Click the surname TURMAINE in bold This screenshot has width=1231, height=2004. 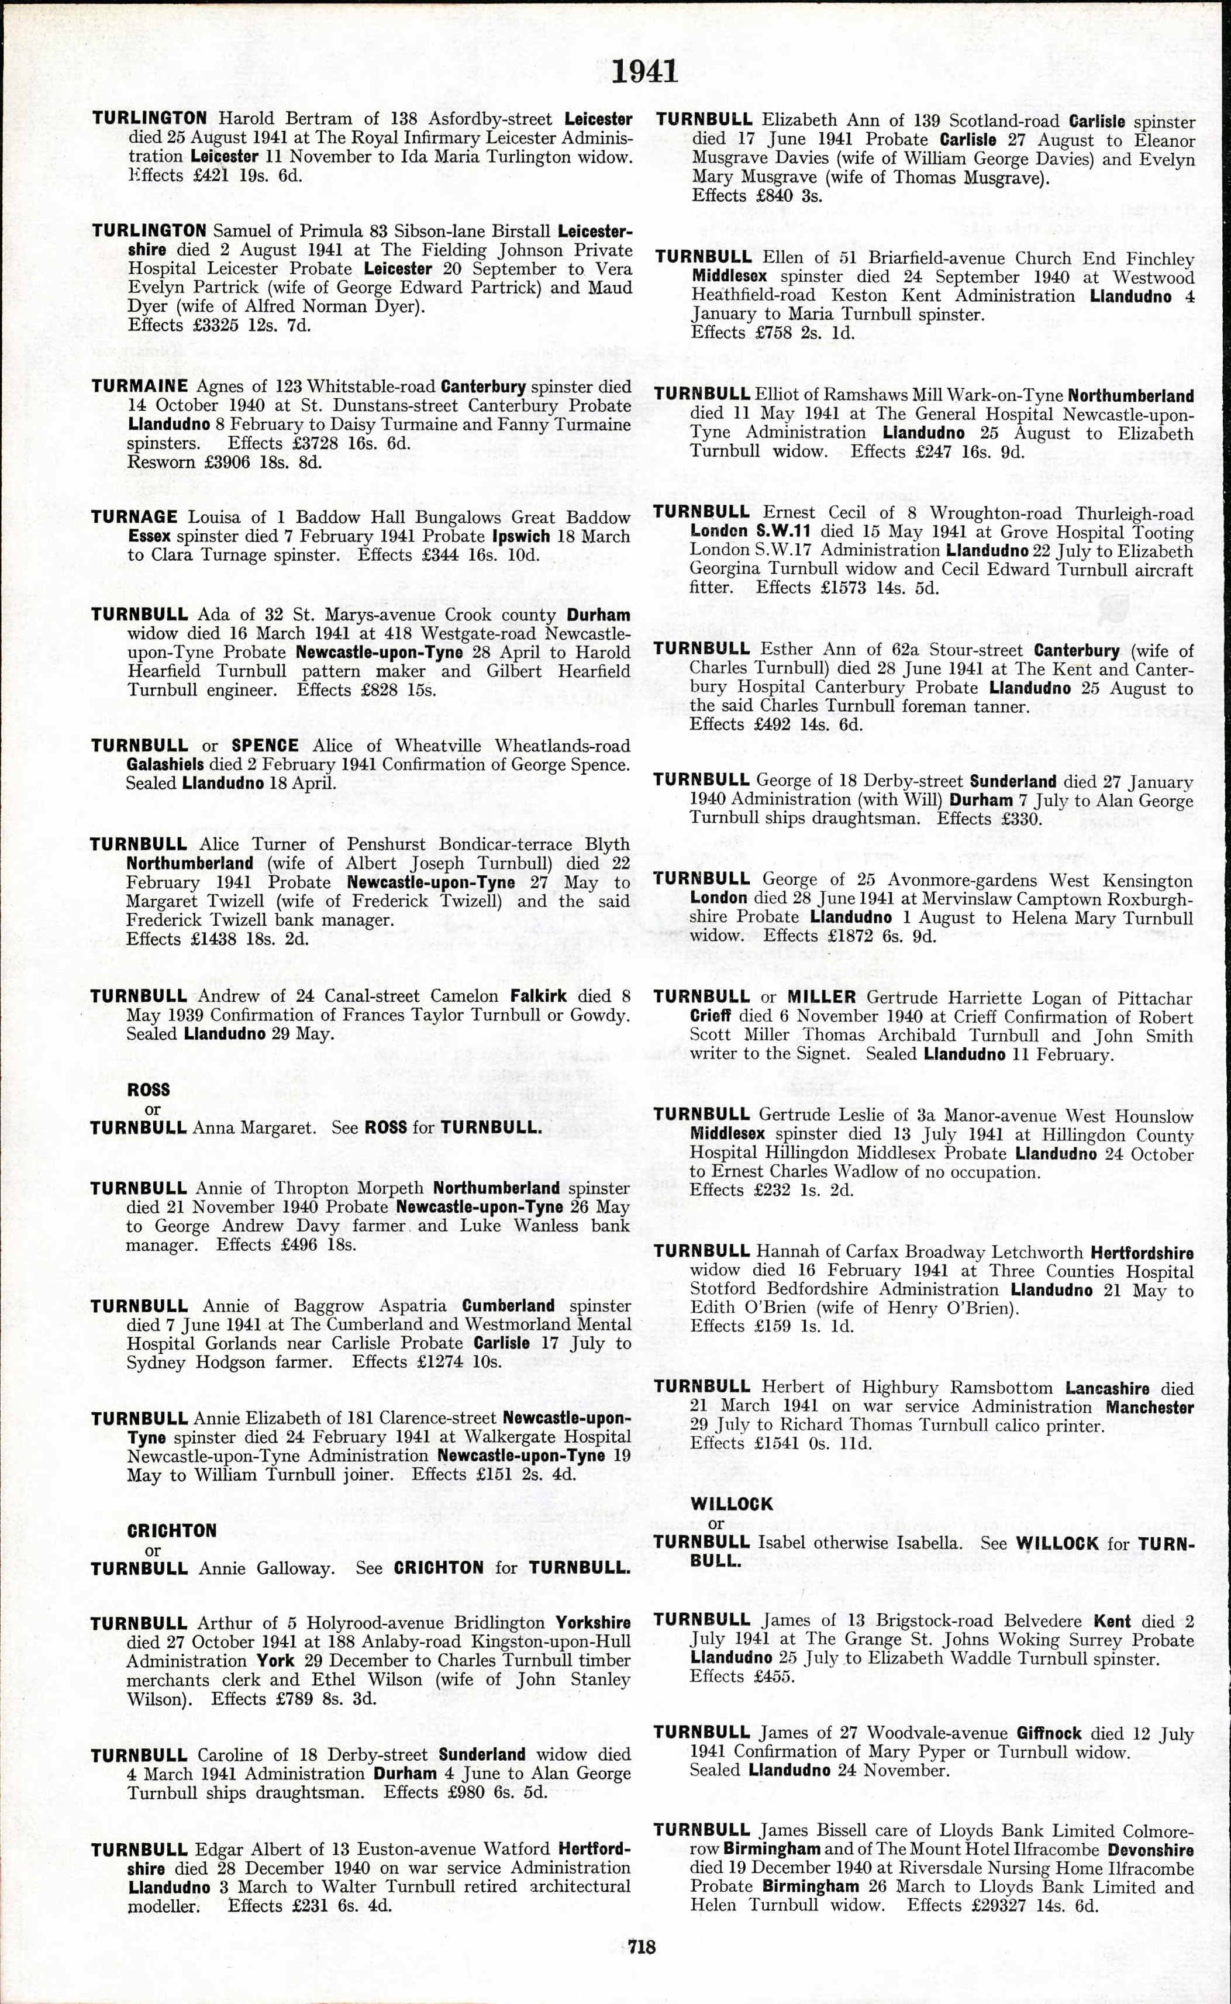click(139, 387)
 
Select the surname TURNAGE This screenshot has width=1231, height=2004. click(135, 518)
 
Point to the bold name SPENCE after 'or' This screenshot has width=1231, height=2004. click(264, 746)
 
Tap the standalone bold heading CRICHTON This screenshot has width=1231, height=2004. click(172, 1531)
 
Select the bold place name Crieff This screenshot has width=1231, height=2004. click(710, 1017)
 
